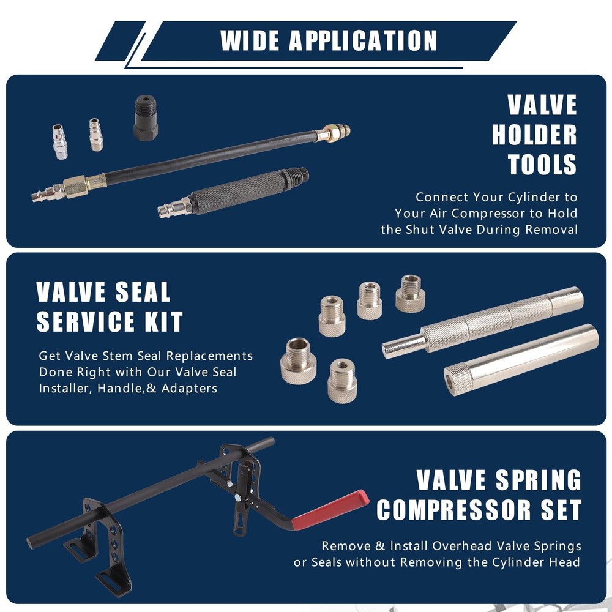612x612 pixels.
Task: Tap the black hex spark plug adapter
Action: click(x=146, y=118)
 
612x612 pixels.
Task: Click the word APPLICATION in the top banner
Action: click(x=363, y=40)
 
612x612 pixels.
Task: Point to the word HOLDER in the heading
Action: click(x=534, y=135)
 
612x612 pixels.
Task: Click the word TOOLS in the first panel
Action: click(x=542, y=164)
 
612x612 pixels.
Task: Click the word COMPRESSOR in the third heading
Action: click(x=454, y=510)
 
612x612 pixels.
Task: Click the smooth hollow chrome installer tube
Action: click(x=521, y=359)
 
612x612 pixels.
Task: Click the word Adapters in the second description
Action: click(x=189, y=389)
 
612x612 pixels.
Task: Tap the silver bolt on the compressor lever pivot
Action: click(x=237, y=498)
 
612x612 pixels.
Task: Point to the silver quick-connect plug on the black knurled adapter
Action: click(x=174, y=208)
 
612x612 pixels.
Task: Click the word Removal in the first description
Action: click(x=551, y=229)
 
